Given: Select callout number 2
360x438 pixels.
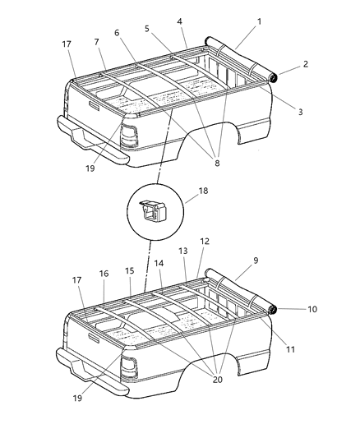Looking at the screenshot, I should [306, 64].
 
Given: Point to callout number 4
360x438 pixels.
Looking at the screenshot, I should [180, 20].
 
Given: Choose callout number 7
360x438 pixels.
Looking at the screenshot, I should [96, 41].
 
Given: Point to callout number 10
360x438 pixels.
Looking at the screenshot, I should [312, 310].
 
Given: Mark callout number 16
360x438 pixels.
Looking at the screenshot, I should [104, 274].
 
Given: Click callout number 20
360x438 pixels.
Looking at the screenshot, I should [217, 380].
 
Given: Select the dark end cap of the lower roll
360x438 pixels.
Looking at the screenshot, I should [272, 309].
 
